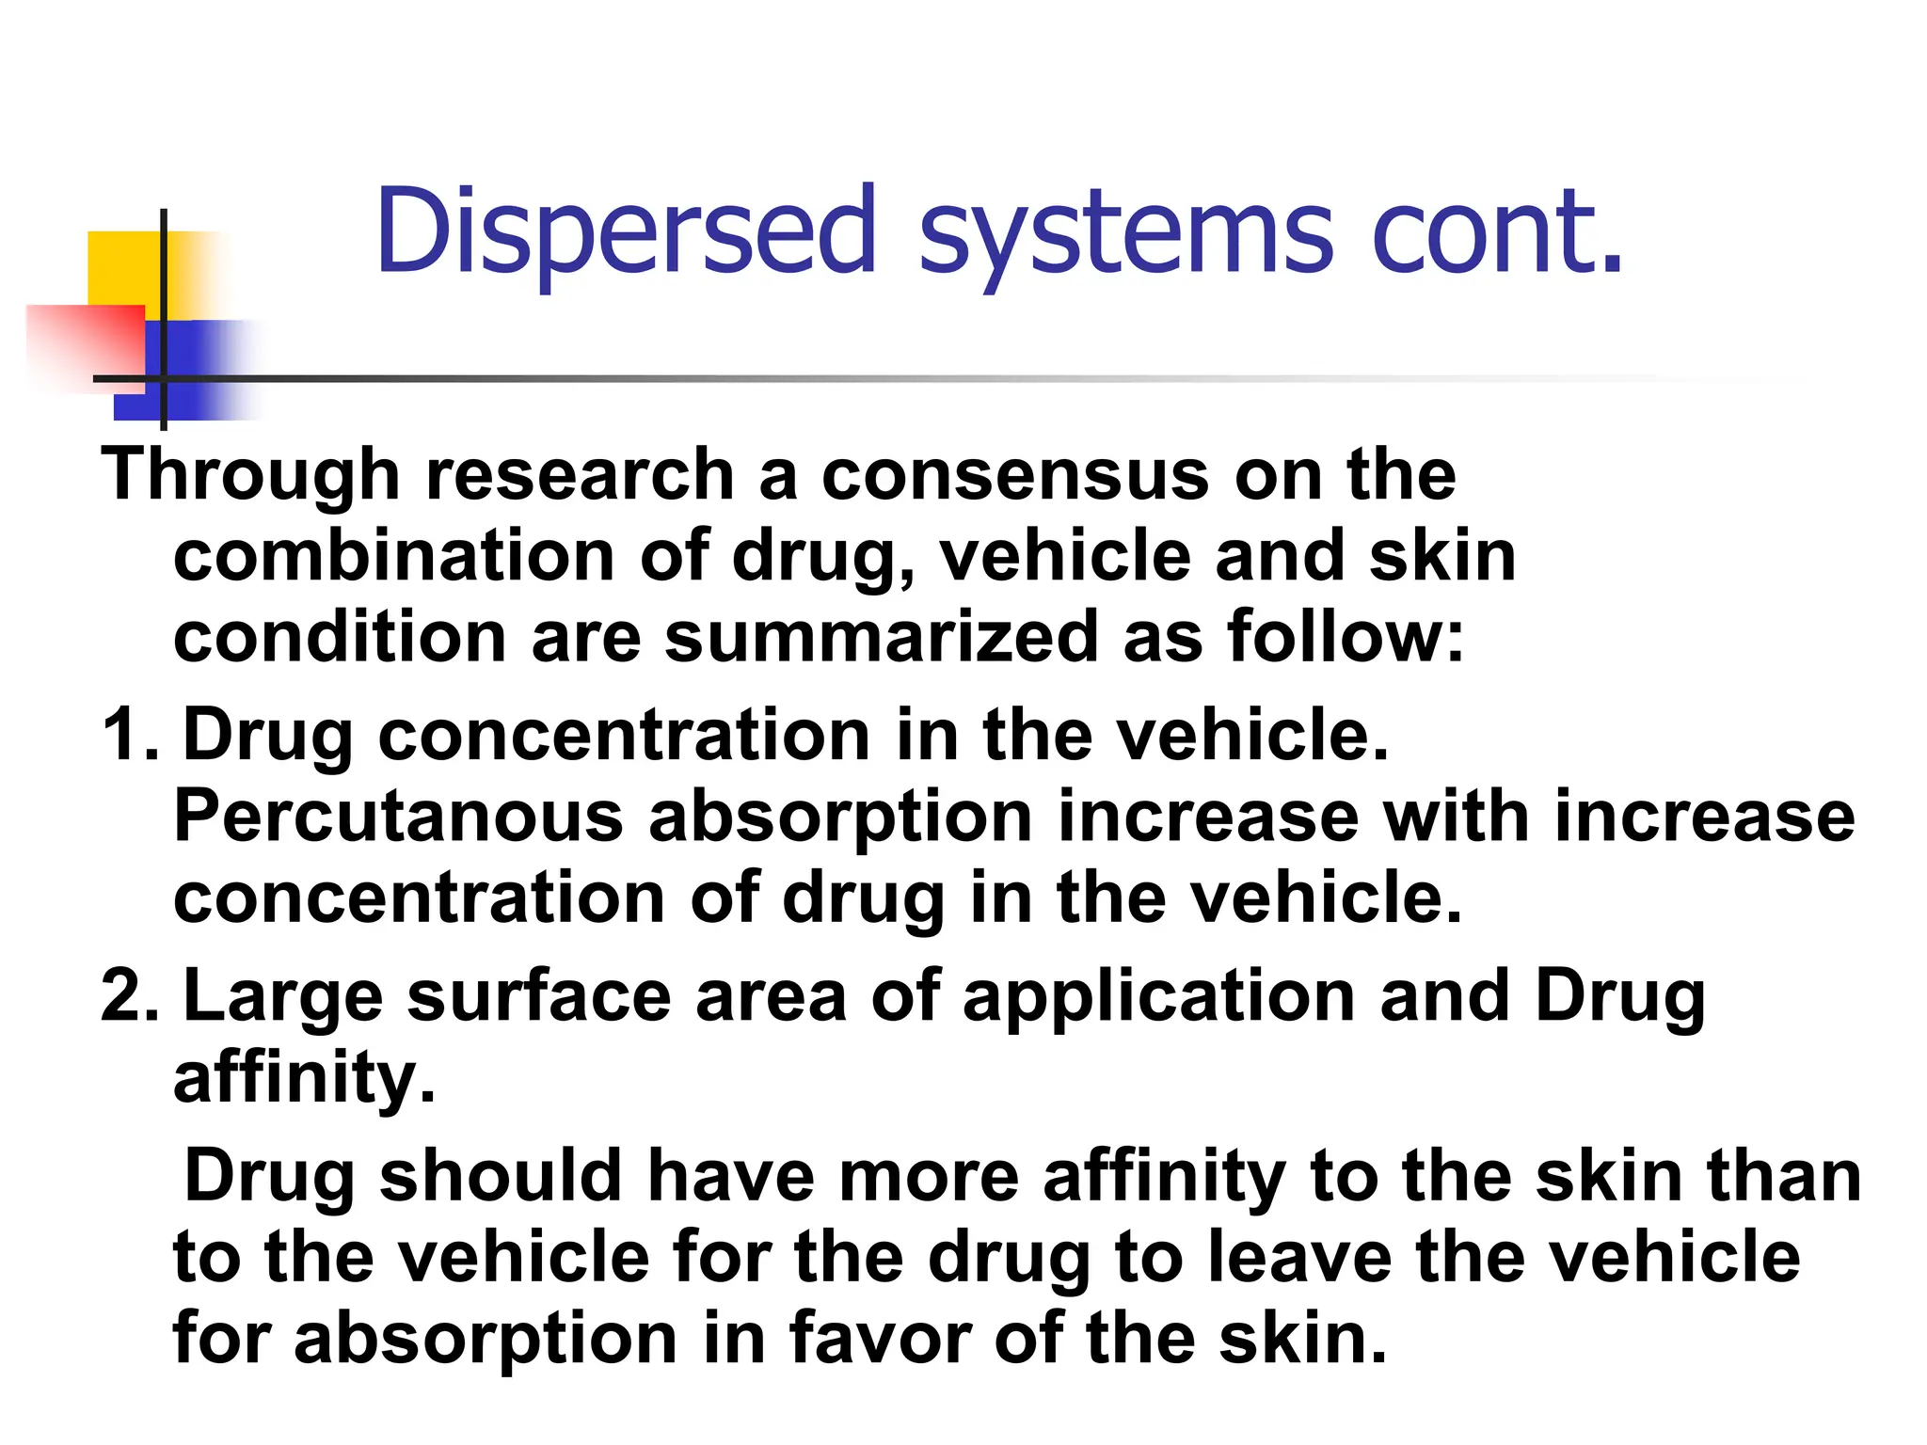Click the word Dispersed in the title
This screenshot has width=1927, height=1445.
(x=626, y=231)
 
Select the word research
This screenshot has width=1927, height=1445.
(x=580, y=474)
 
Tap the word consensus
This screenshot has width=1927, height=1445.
(x=1015, y=476)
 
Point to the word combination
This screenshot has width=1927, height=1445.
(x=394, y=556)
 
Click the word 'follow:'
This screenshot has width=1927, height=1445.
(x=1346, y=637)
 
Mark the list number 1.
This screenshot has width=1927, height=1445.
(x=128, y=735)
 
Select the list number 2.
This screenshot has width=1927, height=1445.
(x=128, y=996)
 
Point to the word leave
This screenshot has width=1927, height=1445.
(x=1299, y=1257)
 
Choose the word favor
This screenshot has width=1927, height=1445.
(x=880, y=1338)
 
